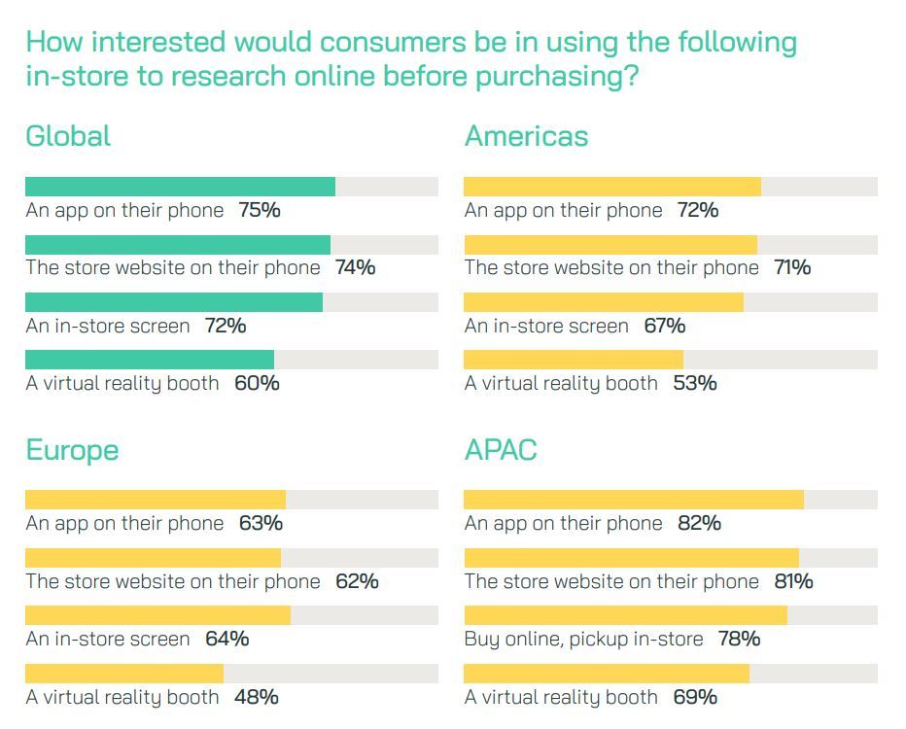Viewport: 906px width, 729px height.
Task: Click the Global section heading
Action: [68, 136]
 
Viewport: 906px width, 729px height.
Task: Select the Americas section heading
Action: [526, 136]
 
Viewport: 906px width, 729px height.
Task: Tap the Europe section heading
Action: [72, 451]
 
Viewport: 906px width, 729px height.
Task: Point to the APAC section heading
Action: [501, 451]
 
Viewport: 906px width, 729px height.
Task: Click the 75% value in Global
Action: [260, 210]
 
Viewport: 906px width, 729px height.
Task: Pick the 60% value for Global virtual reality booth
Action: [257, 383]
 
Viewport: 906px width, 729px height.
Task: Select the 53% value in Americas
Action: [695, 383]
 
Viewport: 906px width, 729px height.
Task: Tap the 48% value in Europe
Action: [257, 697]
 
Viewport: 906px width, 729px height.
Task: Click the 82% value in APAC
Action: [700, 523]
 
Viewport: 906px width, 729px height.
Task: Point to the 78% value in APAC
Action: [739, 639]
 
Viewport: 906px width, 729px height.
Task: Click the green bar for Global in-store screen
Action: [173, 302]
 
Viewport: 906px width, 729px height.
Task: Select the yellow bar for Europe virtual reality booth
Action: [123, 674]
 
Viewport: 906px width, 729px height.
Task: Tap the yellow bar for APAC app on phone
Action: [633, 500]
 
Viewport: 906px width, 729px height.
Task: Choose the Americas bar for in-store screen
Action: [603, 302]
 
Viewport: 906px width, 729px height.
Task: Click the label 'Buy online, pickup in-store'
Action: [583, 639]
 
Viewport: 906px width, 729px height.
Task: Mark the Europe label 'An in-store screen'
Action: [108, 639]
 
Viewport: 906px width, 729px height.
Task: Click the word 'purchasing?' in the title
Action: [557, 76]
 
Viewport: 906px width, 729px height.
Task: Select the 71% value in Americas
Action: [792, 267]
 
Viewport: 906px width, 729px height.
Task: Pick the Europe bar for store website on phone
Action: [153, 558]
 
